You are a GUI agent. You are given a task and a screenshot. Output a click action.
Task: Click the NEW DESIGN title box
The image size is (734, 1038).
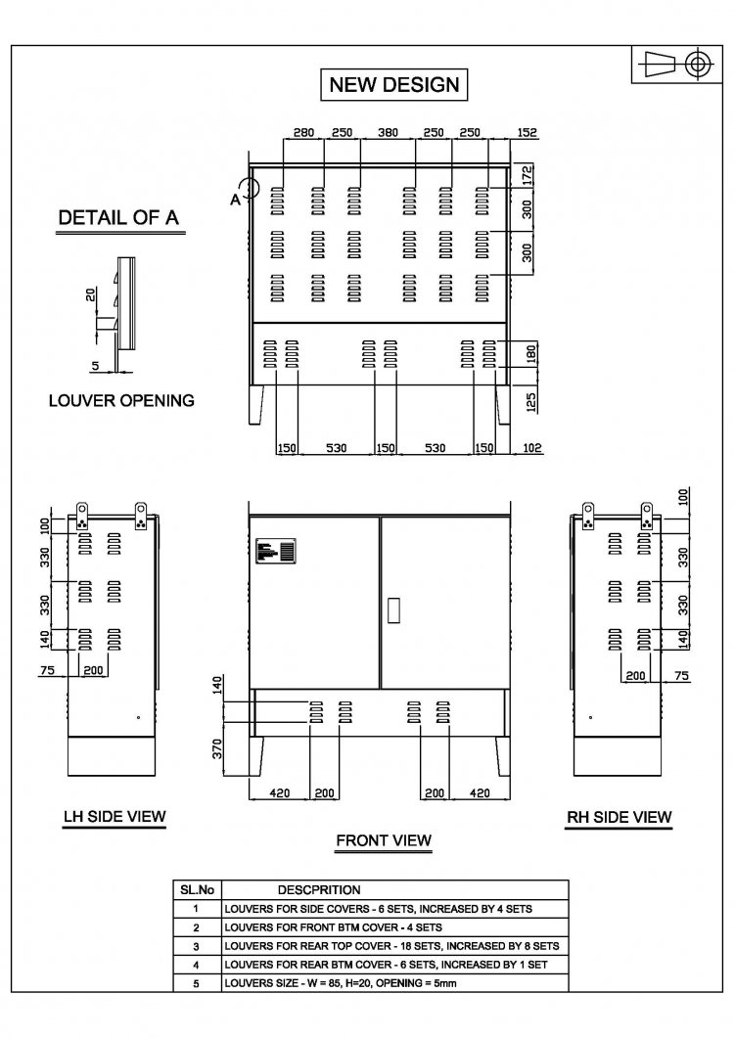click(x=394, y=85)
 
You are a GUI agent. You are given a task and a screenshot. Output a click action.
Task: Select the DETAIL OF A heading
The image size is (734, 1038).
click(x=118, y=218)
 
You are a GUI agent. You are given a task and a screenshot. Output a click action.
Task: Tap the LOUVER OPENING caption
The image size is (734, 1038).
click(x=122, y=400)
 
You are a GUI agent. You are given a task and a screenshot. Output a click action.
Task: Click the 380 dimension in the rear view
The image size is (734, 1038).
click(x=388, y=132)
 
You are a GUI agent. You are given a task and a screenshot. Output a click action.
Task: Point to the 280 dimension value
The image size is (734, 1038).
click(x=303, y=132)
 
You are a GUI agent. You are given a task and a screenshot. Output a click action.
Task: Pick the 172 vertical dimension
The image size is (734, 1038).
click(x=528, y=175)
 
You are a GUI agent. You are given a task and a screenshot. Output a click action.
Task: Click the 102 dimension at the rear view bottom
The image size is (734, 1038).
click(x=532, y=448)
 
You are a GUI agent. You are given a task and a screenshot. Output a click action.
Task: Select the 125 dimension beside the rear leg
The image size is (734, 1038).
click(x=531, y=401)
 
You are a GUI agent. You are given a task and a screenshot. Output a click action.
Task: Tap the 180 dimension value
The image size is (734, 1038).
click(x=531, y=354)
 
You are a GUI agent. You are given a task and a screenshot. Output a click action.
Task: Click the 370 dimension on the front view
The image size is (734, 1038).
click(x=217, y=748)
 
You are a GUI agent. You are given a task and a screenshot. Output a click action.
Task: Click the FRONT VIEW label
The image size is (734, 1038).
click(x=384, y=840)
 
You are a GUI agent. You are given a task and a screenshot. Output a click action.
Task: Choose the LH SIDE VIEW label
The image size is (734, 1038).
click(x=115, y=817)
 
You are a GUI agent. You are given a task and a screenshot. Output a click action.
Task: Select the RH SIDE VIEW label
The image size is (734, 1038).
click(x=619, y=818)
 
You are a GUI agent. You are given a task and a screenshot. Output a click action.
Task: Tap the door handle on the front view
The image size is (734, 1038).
click(x=393, y=610)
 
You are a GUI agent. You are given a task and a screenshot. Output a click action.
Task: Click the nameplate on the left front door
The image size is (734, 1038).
click(x=276, y=551)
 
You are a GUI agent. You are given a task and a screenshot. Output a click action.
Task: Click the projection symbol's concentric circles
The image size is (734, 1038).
click(x=697, y=65)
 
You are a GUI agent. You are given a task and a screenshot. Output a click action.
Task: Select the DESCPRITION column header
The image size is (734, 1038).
click(x=319, y=890)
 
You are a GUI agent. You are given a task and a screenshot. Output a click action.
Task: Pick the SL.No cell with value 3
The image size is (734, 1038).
click(x=197, y=946)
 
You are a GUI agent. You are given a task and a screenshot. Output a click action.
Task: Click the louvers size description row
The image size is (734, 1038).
click(x=341, y=983)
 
